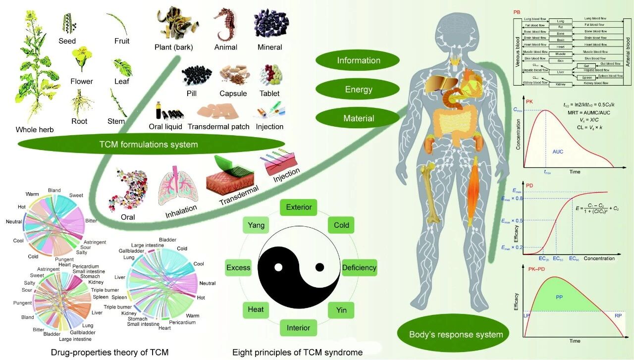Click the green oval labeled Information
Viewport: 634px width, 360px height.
pos(359,60)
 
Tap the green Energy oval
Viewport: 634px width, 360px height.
pos(359,90)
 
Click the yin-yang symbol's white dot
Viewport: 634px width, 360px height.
pos(278,268)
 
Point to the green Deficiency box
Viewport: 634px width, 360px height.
pos(359,268)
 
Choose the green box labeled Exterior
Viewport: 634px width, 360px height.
pos(299,207)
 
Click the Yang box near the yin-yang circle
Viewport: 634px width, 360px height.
pos(256,225)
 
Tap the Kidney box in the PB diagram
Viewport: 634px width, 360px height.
pos(560,85)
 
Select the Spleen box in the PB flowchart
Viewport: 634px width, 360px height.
pos(587,78)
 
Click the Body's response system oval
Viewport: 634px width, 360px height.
pos(456,334)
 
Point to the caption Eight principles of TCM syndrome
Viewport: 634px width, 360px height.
pos(297,353)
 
